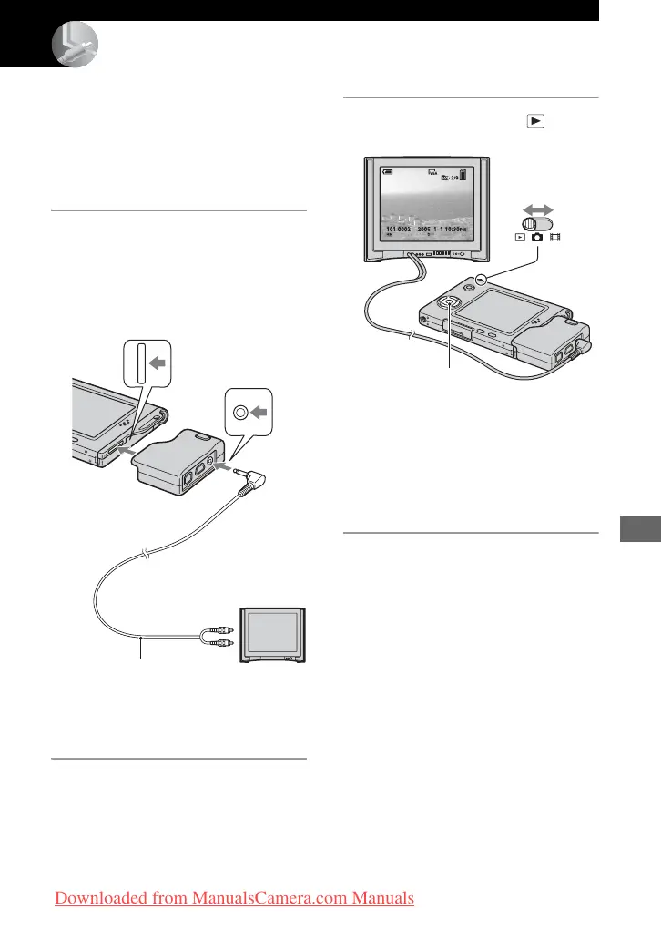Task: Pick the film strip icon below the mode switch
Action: click(x=555, y=238)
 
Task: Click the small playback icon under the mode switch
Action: click(x=520, y=238)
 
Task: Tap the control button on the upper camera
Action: click(x=450, y=303)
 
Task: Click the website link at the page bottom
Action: click(x=235, y=899)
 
